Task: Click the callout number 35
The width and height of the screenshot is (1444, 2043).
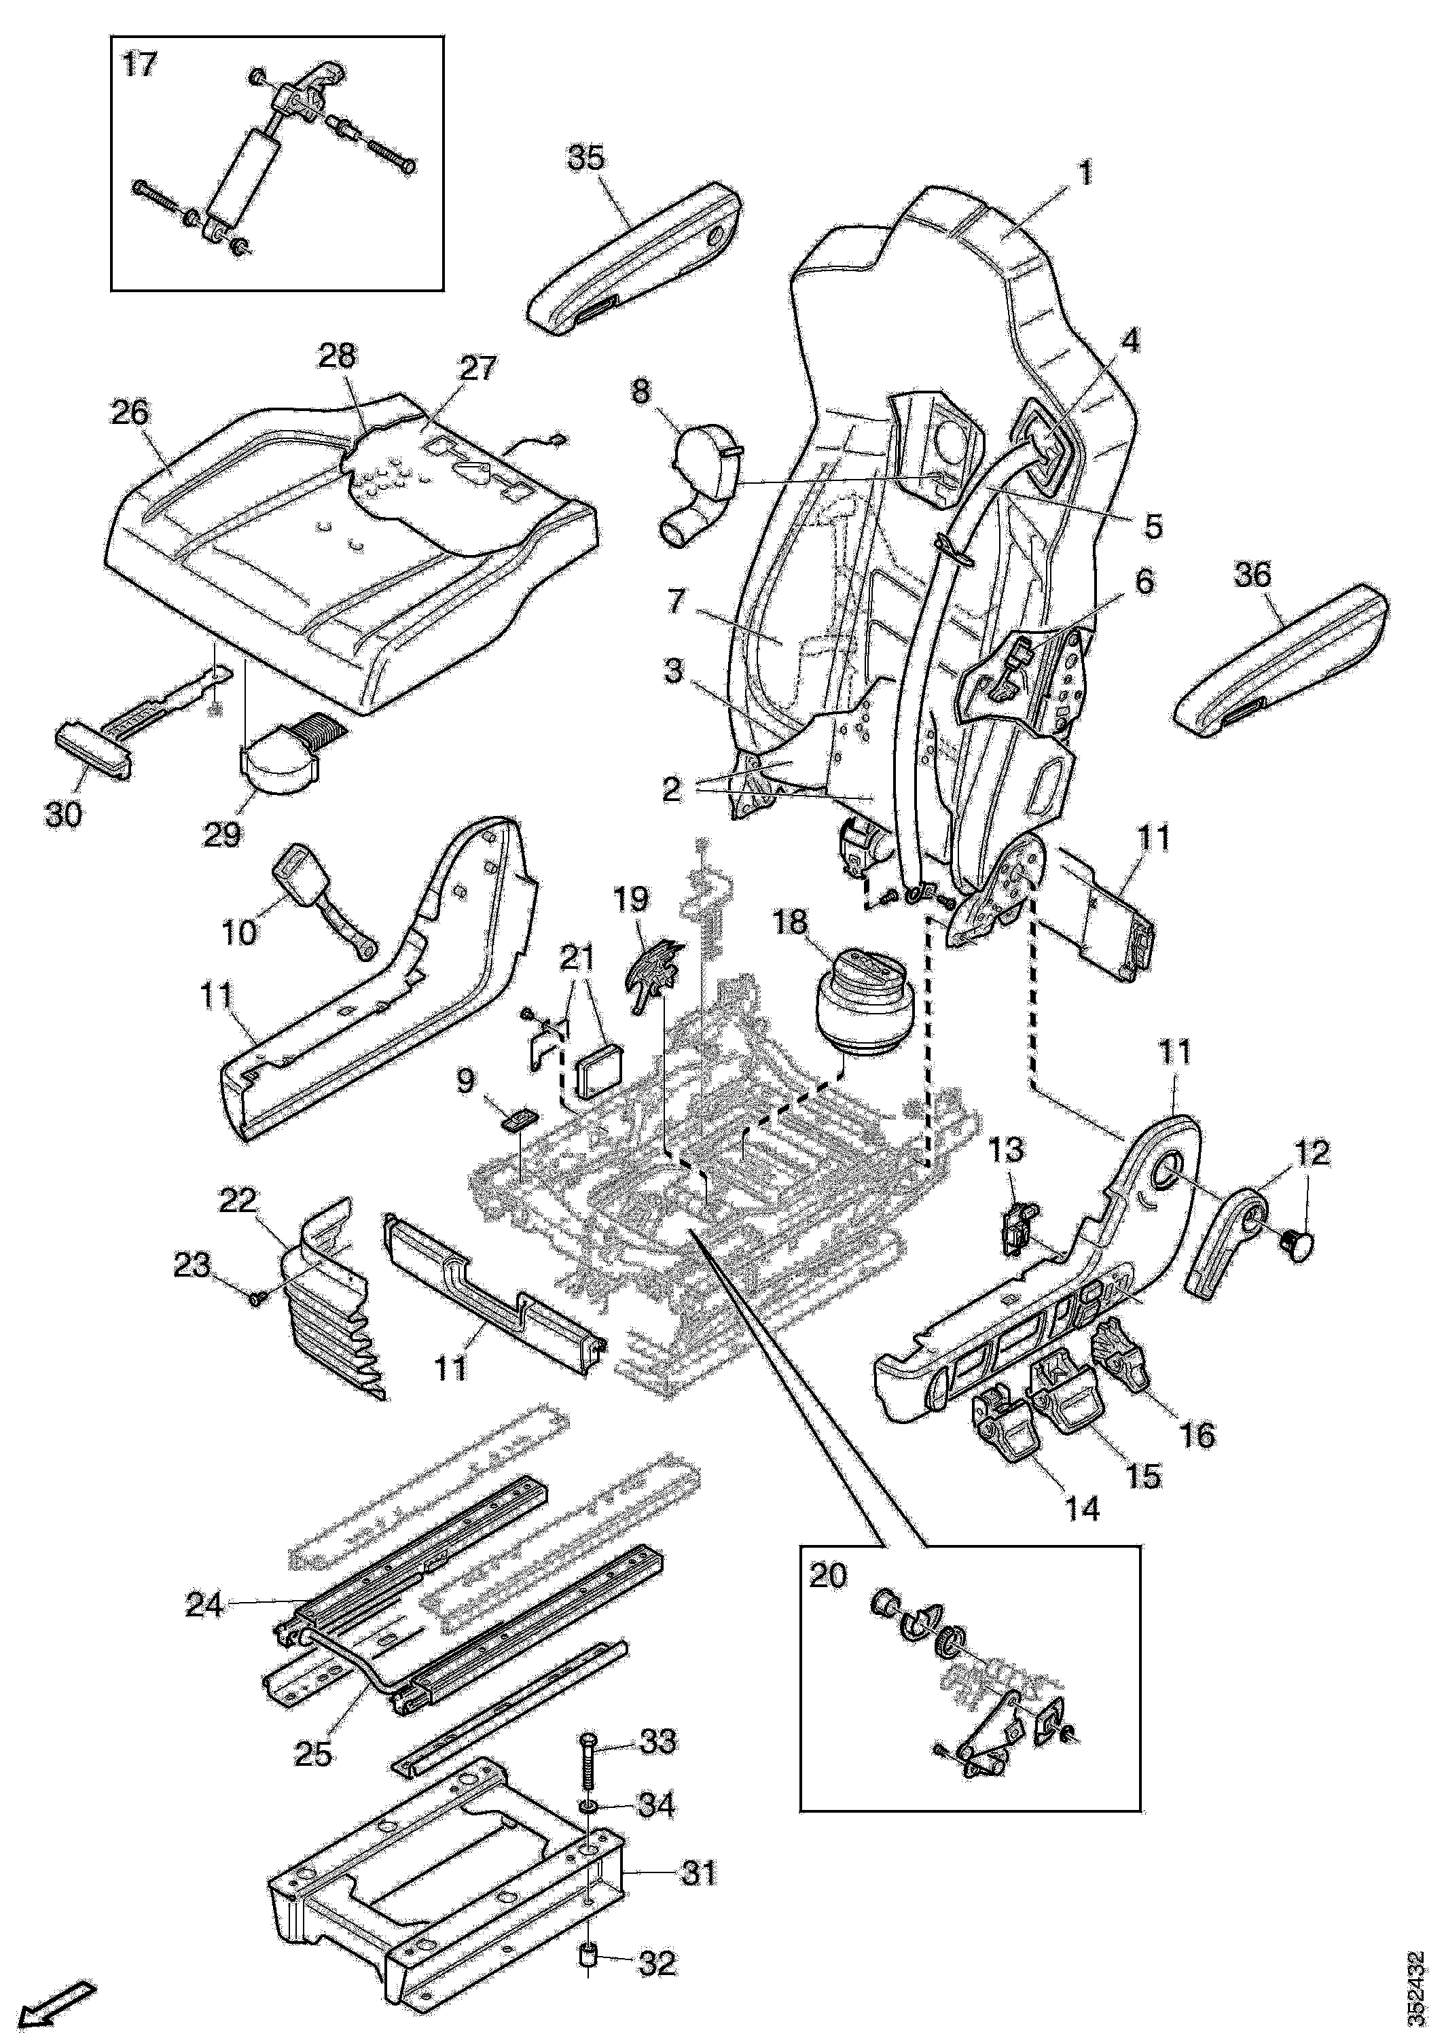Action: (x=585, y=158)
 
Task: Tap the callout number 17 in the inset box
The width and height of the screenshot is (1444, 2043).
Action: (x=138, y=65)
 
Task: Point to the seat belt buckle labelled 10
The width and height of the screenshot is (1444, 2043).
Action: (x=321, y=902)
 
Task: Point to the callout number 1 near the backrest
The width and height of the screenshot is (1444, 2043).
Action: (x=1085, y=173)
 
